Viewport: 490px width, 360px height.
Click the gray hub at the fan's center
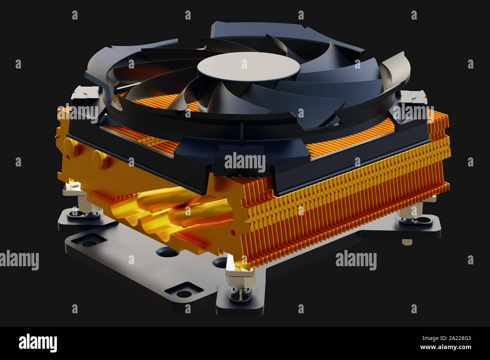point(248,67)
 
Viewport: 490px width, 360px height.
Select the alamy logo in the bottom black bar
point(38,343)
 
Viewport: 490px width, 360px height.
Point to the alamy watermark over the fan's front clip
point(245,162)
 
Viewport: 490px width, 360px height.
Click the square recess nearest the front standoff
point(184,292)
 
